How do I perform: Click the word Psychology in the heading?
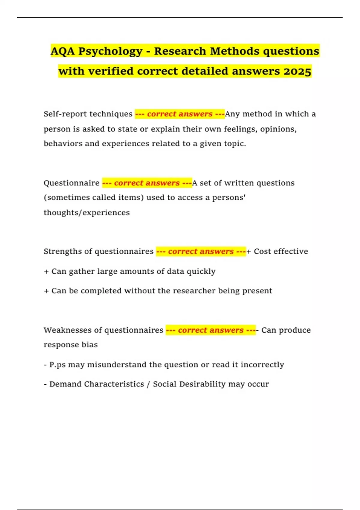(x=110, y=51)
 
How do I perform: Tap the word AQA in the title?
(x=62, y=51)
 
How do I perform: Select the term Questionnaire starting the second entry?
(x=71, y=183)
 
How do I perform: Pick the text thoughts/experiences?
(x=87, y=213)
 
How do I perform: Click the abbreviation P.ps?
(x=57, y=365)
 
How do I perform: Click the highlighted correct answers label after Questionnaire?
(x=147, y=183)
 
